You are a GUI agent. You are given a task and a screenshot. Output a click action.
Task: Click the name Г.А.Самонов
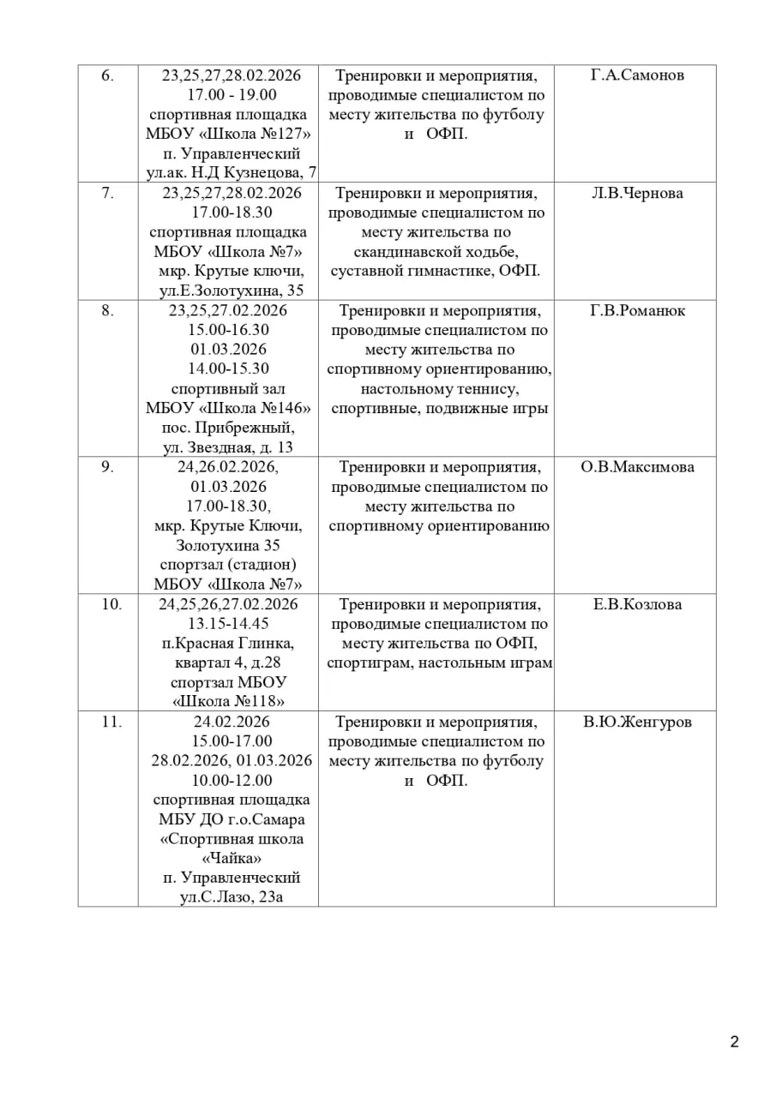[637, 75]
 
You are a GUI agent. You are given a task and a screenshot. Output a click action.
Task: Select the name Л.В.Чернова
[637, 193]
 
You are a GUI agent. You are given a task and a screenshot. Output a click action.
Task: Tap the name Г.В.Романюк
[637, 310]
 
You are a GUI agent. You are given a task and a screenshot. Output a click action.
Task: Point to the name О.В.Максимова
[637, 467]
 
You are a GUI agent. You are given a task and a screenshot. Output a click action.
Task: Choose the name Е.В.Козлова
[637, 604]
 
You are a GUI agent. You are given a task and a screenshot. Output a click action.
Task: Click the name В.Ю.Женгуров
[637, 722]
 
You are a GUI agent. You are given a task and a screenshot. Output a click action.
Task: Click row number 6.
[107, 75]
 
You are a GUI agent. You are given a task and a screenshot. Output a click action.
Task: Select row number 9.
[107, 467]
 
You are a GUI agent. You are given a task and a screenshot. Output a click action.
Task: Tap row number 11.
[111, 722]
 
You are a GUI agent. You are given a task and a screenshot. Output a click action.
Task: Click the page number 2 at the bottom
[734, 1042]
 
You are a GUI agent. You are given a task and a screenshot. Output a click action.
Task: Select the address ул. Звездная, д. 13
[228, 447]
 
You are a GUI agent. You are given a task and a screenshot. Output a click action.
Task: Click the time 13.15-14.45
[228, 624]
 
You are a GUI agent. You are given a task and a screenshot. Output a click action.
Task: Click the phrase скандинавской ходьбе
[436, 252]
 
